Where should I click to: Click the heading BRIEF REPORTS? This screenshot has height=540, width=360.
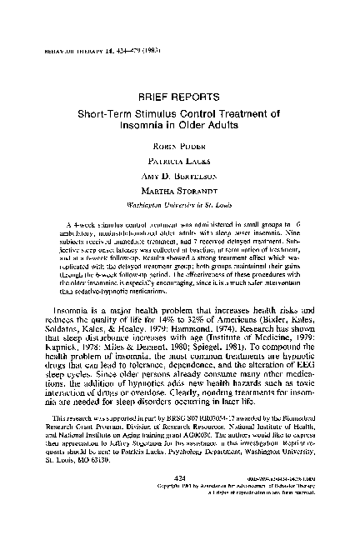179,97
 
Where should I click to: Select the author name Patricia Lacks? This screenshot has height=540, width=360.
181,157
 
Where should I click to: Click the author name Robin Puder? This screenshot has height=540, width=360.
181,142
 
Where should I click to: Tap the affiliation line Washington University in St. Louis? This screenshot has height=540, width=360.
181,202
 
